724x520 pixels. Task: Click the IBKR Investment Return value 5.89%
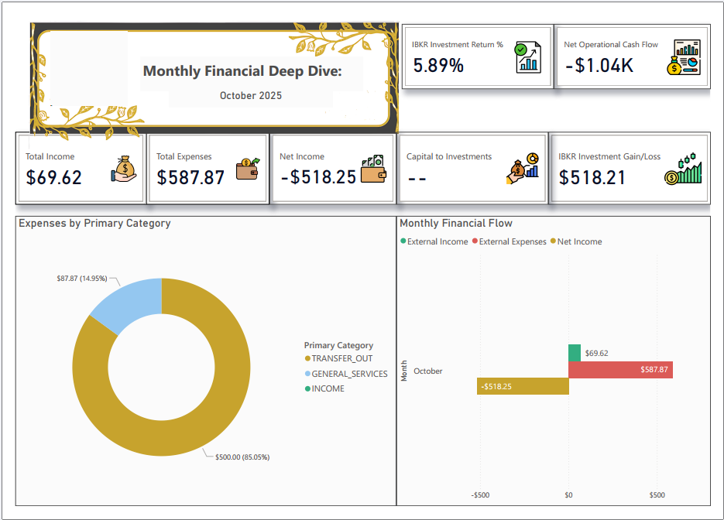(x=438, y=66)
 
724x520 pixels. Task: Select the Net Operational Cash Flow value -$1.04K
(x=599, y=66)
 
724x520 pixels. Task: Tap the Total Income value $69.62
(x=53, y=177)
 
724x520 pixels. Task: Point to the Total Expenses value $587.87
(x=190, y=177)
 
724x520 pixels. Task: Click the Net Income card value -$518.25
(x=318, y=177)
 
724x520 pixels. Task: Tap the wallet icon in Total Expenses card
(x=248, y=169)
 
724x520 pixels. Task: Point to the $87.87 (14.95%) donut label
(x=81, y=279)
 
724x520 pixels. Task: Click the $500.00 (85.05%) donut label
(x=242, y=457)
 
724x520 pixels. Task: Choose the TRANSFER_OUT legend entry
(x=341, y=358)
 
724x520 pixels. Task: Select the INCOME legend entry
(x=328, y=388)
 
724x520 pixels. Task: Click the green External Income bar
(x=575, y=353)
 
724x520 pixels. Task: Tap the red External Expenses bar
(x=619, y=370)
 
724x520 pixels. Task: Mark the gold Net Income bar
(x=523, y=386)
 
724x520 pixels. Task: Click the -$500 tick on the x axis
(x=480, y=494)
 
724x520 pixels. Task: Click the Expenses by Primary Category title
(x=94, y=223)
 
